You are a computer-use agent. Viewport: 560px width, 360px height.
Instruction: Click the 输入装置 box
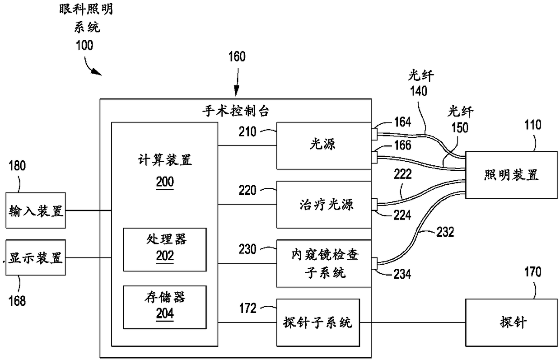click(x=36, y=210)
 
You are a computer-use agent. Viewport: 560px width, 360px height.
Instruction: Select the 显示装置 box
click(x=36, y=257)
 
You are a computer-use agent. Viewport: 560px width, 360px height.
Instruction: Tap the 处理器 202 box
click(x=165, y=249)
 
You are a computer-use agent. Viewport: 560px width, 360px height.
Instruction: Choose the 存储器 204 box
click(x=165, y=307)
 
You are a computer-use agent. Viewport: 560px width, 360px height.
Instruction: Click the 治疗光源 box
click(x=324, y=205)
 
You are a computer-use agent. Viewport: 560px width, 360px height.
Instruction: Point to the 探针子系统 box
click(x=318, y=323)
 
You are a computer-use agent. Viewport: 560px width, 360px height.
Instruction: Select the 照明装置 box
click(x=512, y=175)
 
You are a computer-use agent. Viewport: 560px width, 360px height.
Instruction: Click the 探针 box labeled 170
click(x=512, y=323)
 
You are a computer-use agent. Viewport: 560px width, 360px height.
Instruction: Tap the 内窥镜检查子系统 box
click(x=324, y=263)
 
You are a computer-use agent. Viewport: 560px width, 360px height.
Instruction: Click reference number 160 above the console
click(x=237, y=56)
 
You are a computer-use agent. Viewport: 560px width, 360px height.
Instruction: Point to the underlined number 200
click(x=165, y=182)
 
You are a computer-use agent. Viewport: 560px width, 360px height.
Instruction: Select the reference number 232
click(x=445, y=232)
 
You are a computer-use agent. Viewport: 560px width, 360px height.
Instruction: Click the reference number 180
click(x=17, y=166)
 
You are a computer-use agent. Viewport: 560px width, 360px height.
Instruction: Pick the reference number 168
click(x=17, y=301)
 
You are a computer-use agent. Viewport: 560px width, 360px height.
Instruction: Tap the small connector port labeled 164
click(x=374, y=134)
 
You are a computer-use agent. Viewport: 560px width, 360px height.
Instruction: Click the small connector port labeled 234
click(x=374, y=263)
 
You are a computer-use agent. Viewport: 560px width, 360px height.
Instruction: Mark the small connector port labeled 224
click(x=374, y=205)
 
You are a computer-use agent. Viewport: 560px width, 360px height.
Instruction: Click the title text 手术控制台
click(x=235, y=111)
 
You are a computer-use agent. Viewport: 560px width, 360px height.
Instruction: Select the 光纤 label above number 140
click(x=421, y=75)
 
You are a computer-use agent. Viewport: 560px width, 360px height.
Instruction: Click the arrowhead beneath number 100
click(x=98, y=73)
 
